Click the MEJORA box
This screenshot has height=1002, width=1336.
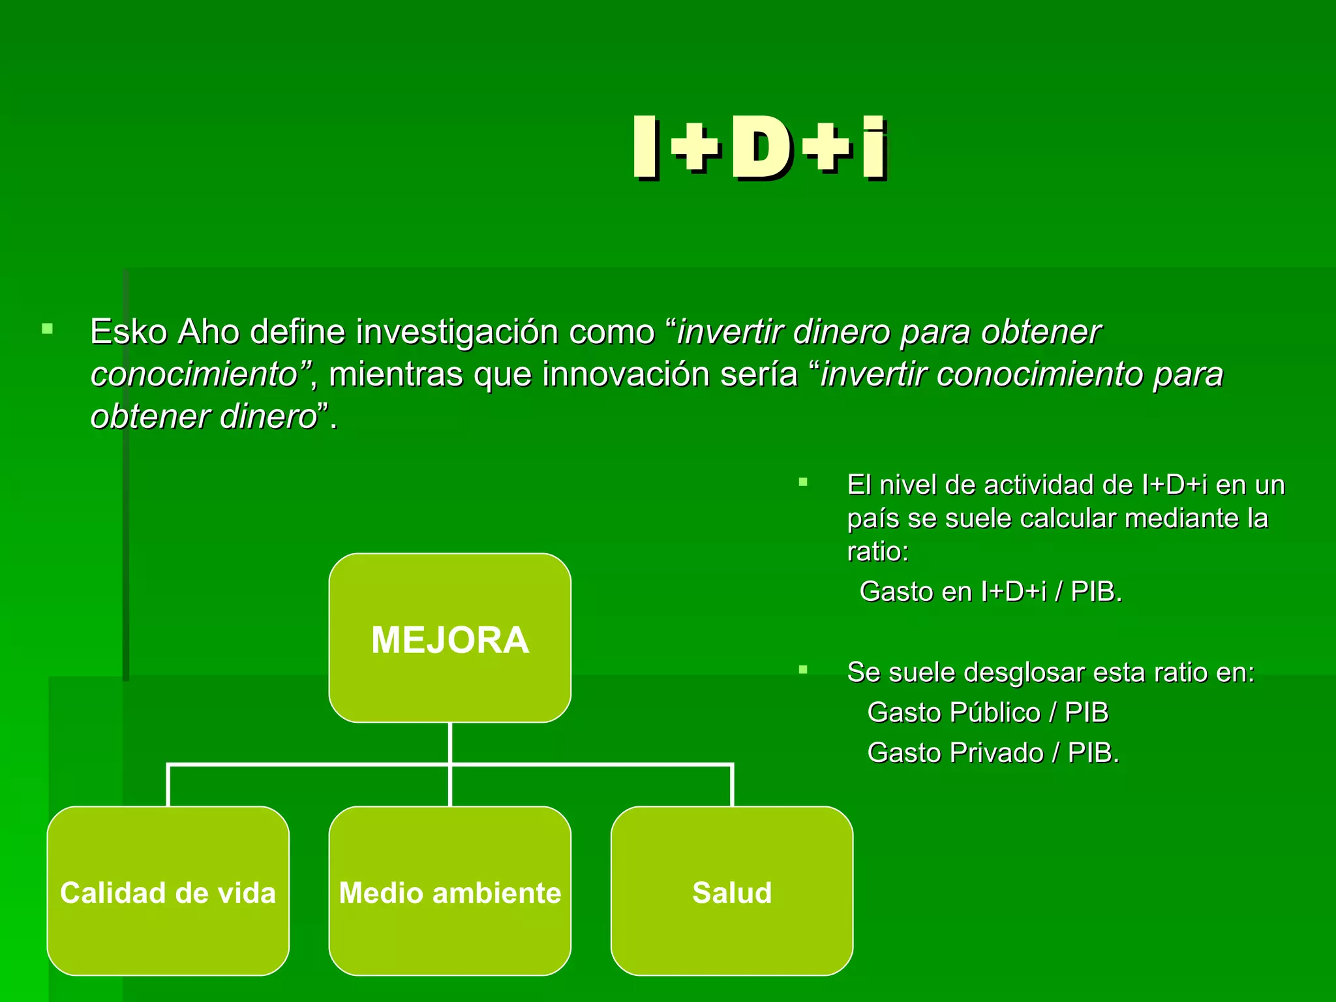coord(450,638)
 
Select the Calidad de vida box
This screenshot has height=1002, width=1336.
coord(168,891)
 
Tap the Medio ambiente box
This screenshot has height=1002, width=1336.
coord(450,891)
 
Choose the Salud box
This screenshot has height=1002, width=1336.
coord(732,891)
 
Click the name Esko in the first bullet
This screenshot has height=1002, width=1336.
coord(129,332)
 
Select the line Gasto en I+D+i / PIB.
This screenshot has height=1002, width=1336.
coord(990,592)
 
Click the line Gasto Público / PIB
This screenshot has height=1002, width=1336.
coord(988,712)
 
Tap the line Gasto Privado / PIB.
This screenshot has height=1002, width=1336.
coord(993,753)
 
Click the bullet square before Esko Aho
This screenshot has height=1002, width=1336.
coord(47,329)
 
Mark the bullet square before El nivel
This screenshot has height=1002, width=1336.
coord(803,483)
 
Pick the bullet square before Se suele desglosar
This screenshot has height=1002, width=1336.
coord(803,670)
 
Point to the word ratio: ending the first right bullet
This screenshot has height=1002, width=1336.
coord(877,552)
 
